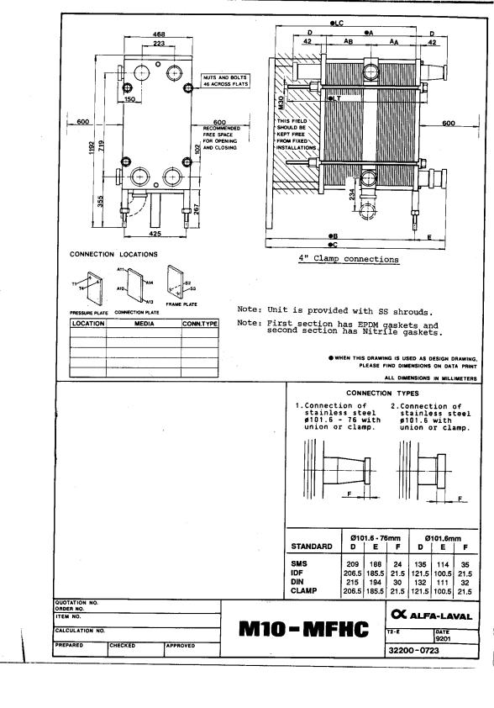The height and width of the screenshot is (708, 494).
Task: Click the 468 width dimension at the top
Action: (158, 34)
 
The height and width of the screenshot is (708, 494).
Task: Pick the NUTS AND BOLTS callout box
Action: (224, 82)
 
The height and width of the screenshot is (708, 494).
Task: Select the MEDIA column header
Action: (143, 323)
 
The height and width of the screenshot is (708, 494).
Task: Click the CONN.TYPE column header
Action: (200, 323)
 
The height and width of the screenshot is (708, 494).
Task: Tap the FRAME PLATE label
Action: (181, 304)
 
